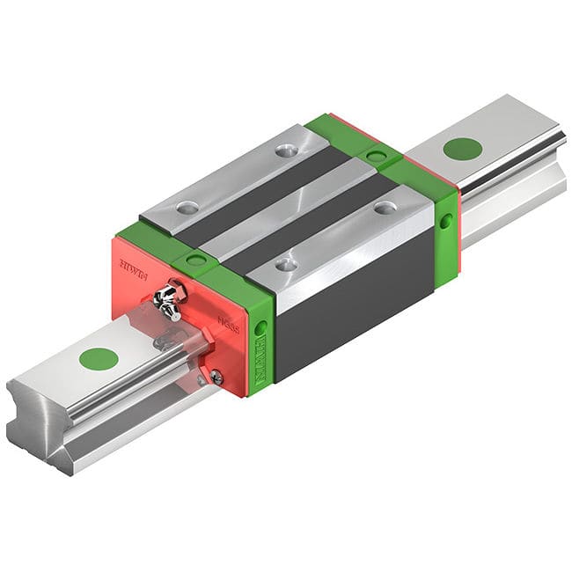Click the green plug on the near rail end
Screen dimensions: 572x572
[x=99, y=358]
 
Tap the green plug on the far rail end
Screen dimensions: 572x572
[x=462, y=148]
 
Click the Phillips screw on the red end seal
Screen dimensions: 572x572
[x=216, y=377]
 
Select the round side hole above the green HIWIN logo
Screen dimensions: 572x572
[x=260, y=327]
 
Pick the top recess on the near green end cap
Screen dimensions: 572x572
[x=194, y=260]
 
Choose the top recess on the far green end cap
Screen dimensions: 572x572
[x=376, y=156]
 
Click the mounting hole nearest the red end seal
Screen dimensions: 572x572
[x=187, y=208]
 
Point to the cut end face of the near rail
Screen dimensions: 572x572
[x=40, y=422]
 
